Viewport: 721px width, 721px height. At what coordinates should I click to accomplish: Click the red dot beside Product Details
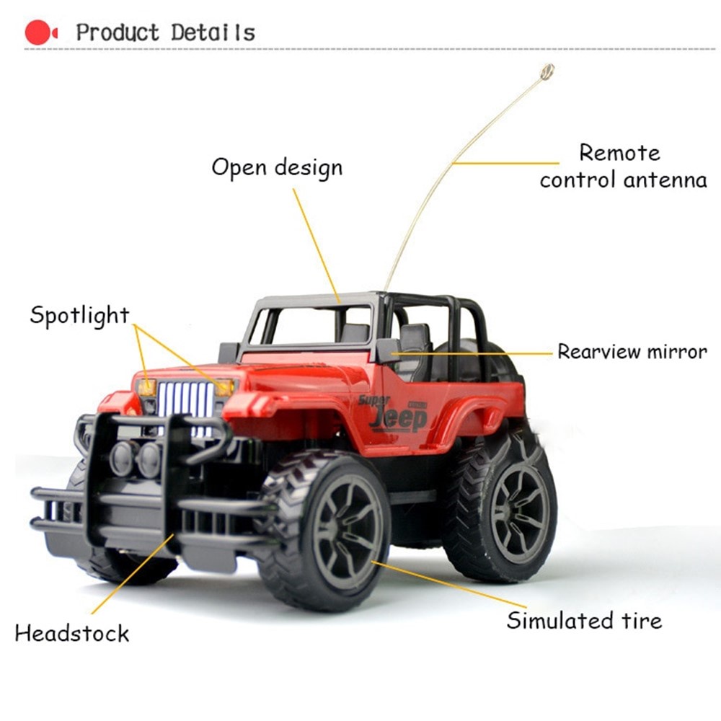point(37,32)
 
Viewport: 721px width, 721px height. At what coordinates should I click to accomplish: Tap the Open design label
point(277,167)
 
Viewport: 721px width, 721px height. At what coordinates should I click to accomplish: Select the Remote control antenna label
point(622,166)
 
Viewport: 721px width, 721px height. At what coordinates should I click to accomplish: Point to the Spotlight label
point(79,315)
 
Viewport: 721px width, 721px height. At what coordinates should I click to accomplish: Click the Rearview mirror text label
point(632,352)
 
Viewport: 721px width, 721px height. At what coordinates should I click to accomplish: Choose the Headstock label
point(71,633)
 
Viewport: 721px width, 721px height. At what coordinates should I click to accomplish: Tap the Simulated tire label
point(583,620)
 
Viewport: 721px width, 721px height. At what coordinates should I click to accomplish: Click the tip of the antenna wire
point(547,71)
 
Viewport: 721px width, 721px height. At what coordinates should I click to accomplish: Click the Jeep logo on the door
point(399,418)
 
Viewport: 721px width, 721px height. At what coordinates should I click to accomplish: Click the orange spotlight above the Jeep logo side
point(226,387)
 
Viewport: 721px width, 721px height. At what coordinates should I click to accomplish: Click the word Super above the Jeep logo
point(373,399)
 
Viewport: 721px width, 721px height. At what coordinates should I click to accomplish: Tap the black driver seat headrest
point(415,336)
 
